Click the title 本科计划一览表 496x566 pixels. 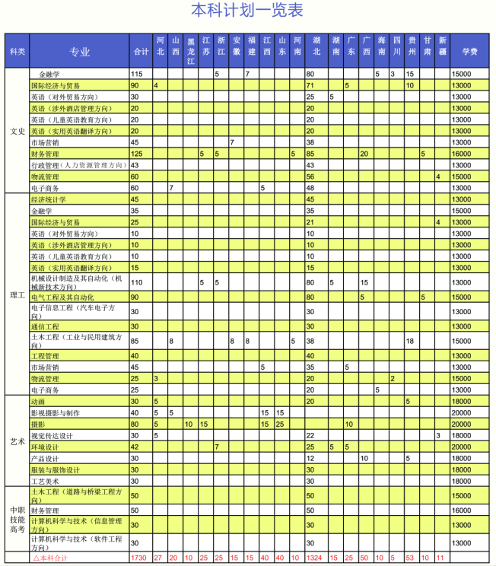click(x=246, y=11)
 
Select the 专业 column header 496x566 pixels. click(x=79, y=52)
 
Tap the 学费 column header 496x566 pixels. click(x=469, y=52)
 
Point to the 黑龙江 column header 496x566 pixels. click(x=191, y=52)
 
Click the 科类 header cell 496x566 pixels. click(x=17, y=52)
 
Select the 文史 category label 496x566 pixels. click(x=17, y=131)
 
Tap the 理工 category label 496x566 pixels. click(x=17, y=294)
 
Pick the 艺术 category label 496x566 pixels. click(x=17, y=441)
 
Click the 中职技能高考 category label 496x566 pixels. click(x=17, y=518)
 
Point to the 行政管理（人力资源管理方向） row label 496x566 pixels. click(x=77, y=165)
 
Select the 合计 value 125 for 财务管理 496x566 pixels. click(x=137, y=154)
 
